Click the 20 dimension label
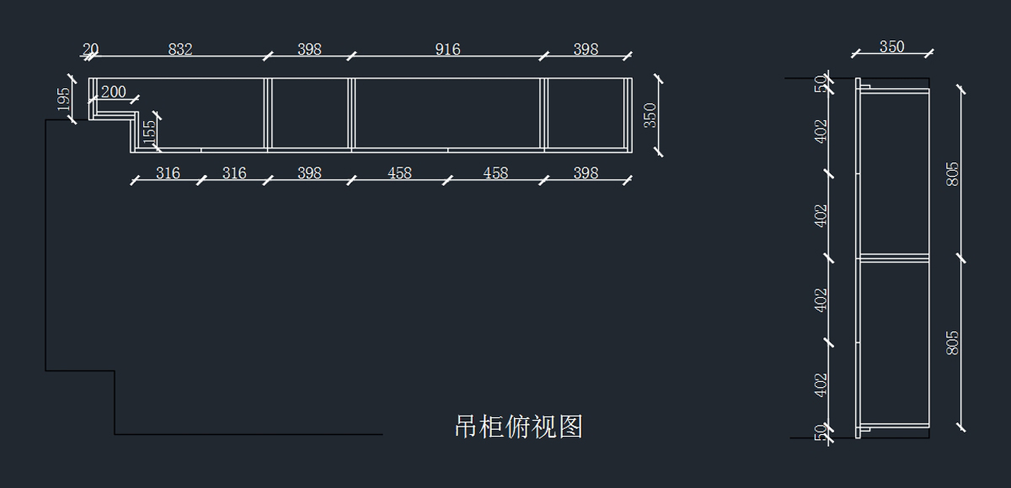(89, 50)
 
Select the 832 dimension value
(180, 50)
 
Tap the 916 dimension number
(447, 50)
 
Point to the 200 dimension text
(113, 92)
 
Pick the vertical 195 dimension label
(64, 99)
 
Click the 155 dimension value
(149, 132)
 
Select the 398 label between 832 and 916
(309, 50)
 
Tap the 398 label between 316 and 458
(309, 173)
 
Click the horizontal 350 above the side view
(891, 47)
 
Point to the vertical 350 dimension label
(650, 115)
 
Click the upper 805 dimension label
(953, 173)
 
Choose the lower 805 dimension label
(953, 342)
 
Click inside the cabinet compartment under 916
(447, 114)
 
